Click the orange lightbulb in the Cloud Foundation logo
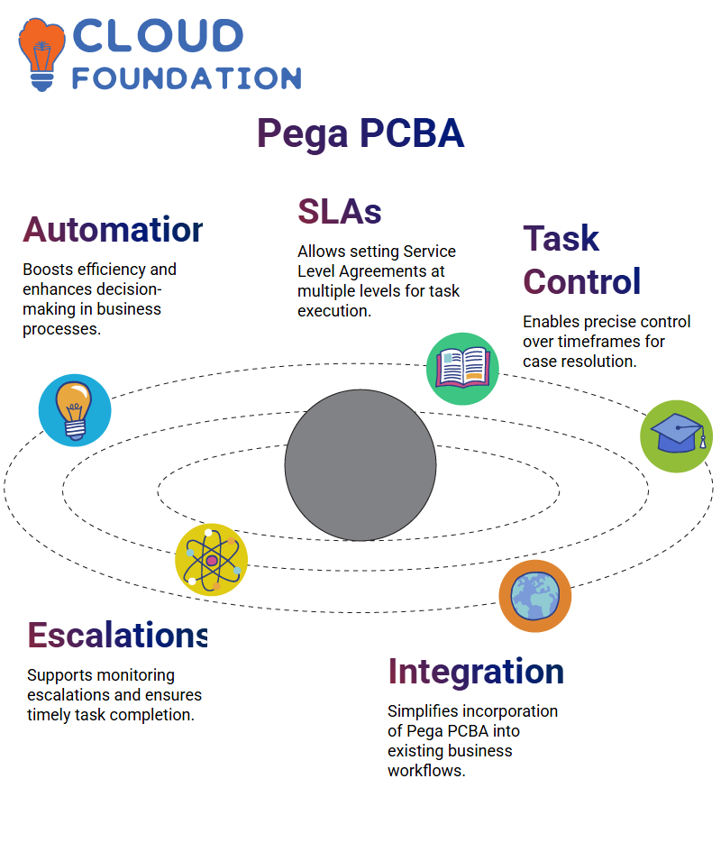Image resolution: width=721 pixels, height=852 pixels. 41,54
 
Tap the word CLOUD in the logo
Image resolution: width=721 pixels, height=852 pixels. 158,36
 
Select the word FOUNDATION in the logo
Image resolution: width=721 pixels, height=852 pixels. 187,78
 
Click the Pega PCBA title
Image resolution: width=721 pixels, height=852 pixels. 360,133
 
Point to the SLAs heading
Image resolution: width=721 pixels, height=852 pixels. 340,211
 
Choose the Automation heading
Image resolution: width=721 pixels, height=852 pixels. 113,229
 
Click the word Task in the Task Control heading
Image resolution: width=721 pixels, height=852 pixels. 561,238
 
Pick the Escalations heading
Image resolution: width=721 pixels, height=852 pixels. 117,635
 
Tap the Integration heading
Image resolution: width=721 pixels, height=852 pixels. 476,672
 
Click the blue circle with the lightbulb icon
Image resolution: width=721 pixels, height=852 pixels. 75,410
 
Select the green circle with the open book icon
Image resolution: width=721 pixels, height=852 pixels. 462,369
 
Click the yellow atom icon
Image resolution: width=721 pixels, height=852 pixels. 212,560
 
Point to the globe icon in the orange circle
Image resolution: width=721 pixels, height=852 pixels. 535,596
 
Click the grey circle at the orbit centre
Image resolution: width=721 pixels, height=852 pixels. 360,465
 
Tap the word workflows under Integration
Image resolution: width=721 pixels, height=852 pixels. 426,771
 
